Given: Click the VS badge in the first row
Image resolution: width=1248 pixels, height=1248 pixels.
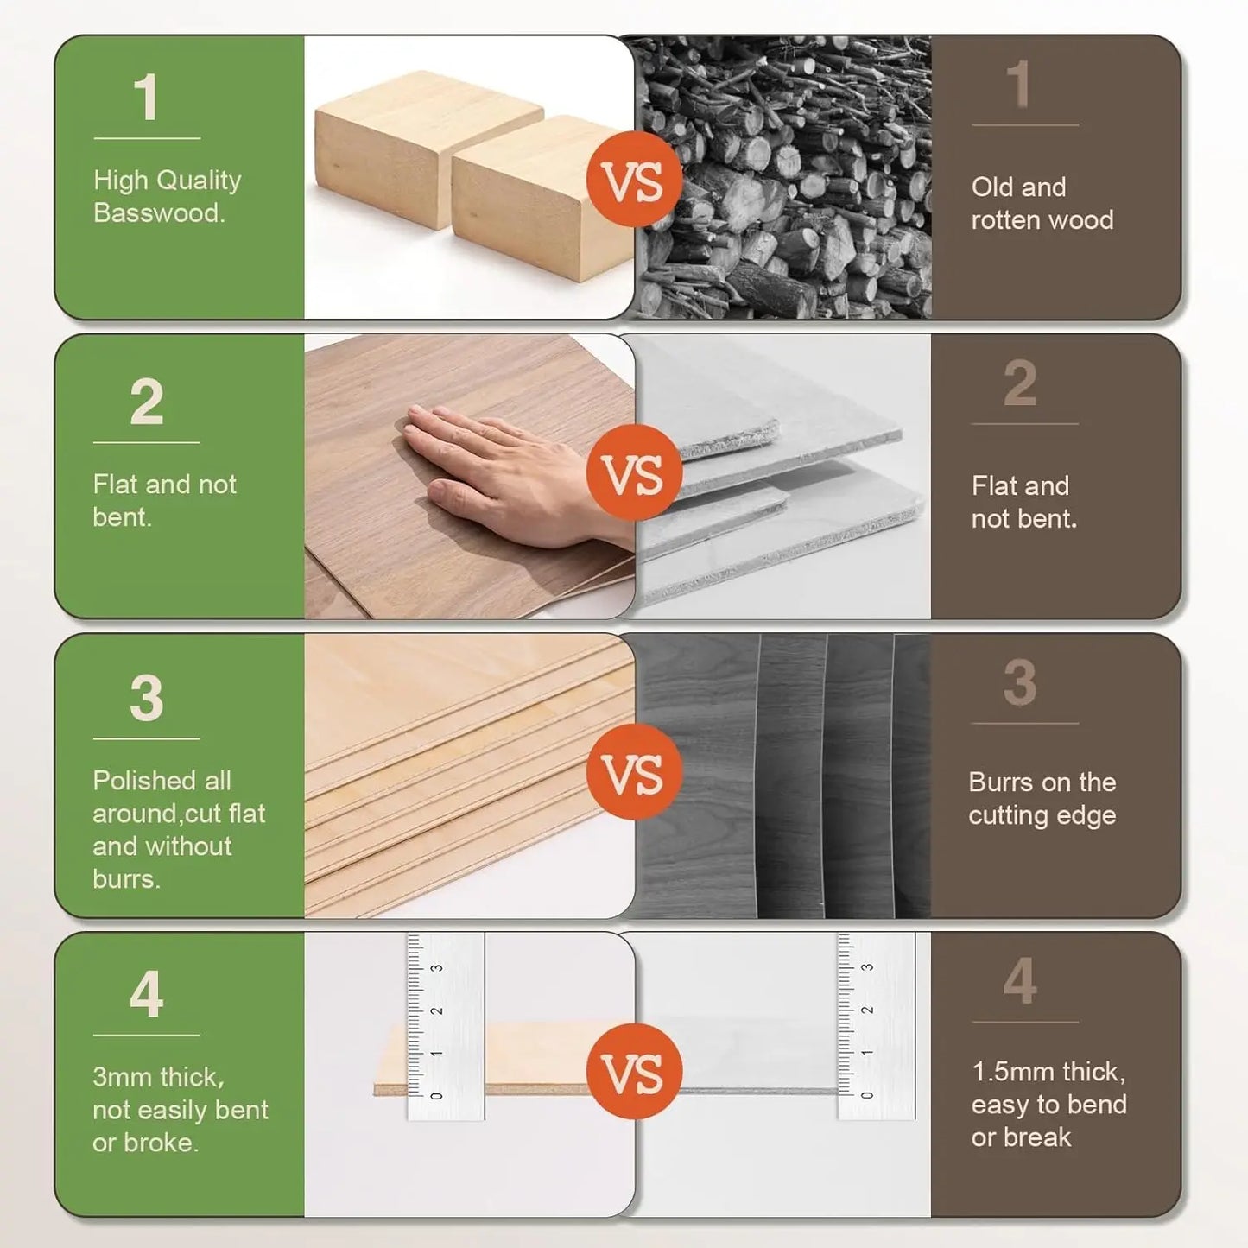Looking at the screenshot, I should click(634, 180).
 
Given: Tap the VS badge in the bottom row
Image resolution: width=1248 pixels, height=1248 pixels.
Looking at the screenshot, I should click(634, 1072).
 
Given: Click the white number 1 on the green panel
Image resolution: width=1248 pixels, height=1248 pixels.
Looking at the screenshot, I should click(146, 98).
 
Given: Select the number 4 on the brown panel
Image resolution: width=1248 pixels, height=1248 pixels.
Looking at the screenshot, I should click(1021, 982).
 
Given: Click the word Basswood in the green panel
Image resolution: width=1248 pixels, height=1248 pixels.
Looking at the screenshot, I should click(158, 213).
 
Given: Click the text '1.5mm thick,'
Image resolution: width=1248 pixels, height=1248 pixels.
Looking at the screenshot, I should click(1048, 1072).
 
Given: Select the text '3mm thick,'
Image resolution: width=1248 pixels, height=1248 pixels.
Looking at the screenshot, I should click(158, 1077).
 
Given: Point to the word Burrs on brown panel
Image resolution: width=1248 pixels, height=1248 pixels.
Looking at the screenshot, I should click(1000, 782).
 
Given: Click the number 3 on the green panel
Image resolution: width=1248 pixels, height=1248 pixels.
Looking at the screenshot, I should click(147, 698).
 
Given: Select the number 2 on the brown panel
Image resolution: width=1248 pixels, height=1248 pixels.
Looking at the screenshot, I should click(1020, 383).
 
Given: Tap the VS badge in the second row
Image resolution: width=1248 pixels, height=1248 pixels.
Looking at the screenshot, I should click(634, 472).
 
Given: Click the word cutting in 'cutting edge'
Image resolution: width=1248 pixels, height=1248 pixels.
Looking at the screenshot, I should click(1008, 815).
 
